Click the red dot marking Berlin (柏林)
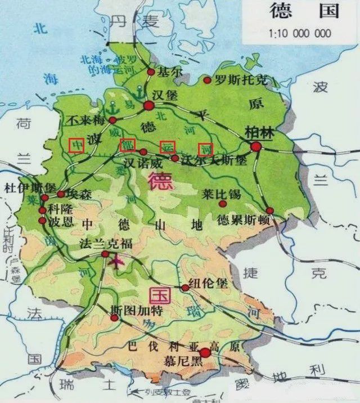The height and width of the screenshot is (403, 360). [x=256, y=147]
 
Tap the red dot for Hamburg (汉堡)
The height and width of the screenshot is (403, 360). [x=148, y=105]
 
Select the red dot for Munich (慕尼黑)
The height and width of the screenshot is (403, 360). [x=205, y=353]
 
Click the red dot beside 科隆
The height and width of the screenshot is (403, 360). [x=42, y=210]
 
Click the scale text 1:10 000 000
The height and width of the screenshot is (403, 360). [x=300, y=33]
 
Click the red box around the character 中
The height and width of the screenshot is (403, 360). [x=76, y=145]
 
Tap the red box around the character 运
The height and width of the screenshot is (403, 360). [x=167, y=146]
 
